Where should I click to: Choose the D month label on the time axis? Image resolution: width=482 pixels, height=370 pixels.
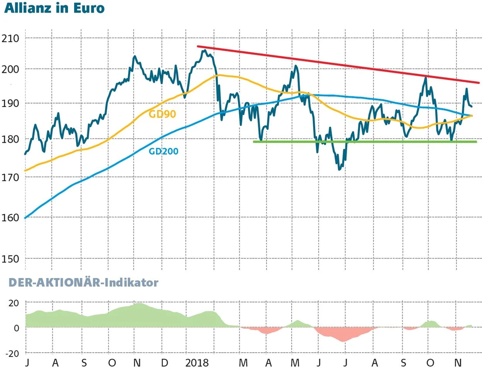(x=164, y=362)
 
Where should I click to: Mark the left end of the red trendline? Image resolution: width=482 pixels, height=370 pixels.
(x=197, y=46)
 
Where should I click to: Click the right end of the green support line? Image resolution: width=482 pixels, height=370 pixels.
(x=476, y=142)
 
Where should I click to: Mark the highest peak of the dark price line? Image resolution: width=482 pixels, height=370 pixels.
(x=204, y=50)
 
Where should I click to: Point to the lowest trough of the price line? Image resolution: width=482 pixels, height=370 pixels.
(x=340, y=169)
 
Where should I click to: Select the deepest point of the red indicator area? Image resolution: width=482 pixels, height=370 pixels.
(x=343, y=341)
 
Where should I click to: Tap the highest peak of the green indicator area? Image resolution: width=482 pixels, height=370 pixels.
(x=139, y=304)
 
